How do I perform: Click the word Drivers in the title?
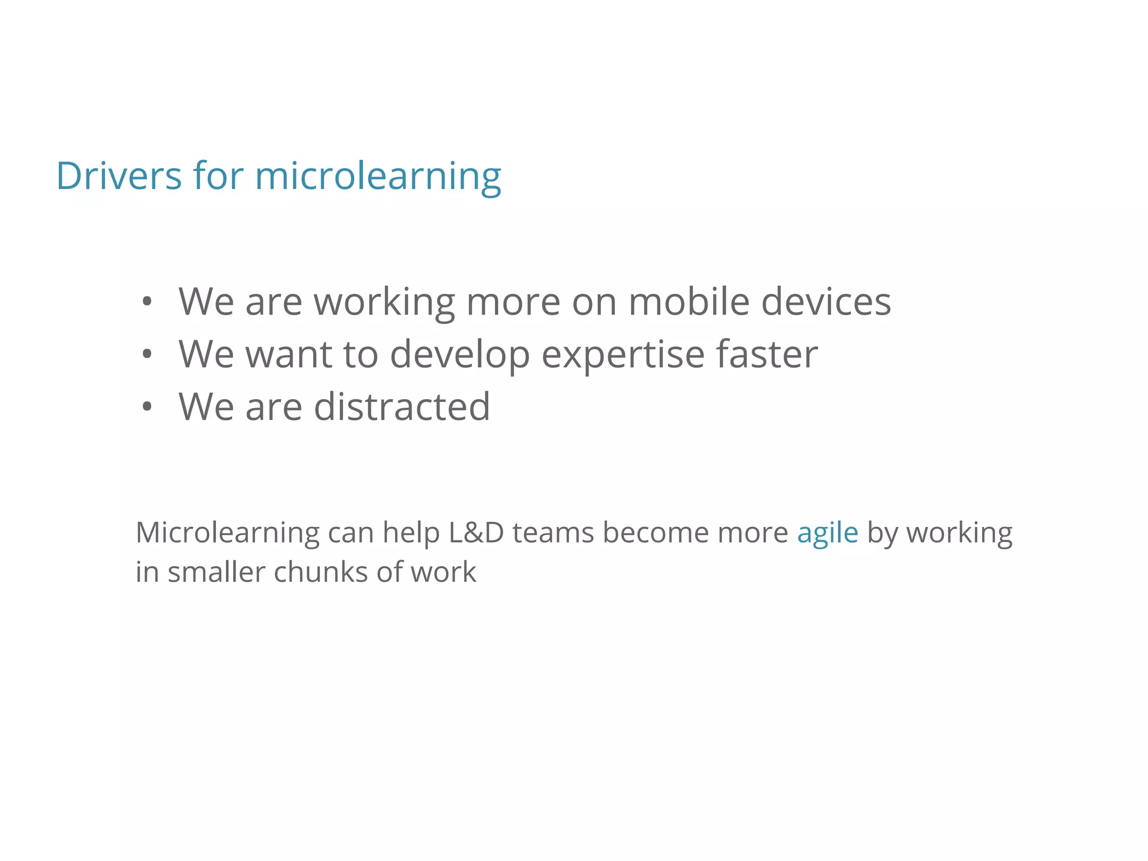pos(119,176)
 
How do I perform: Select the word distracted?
pos(401,406)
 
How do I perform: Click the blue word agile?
pos(827,533)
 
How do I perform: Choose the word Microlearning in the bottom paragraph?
pos(227,533)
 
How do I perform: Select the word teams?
pos(553,533)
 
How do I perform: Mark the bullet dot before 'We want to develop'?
pos(147,355)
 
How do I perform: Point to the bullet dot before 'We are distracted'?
pos(147,407)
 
